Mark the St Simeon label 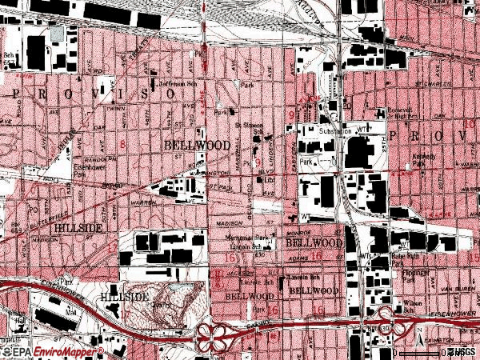pos(248,126)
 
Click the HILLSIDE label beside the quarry pos(123,297)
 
